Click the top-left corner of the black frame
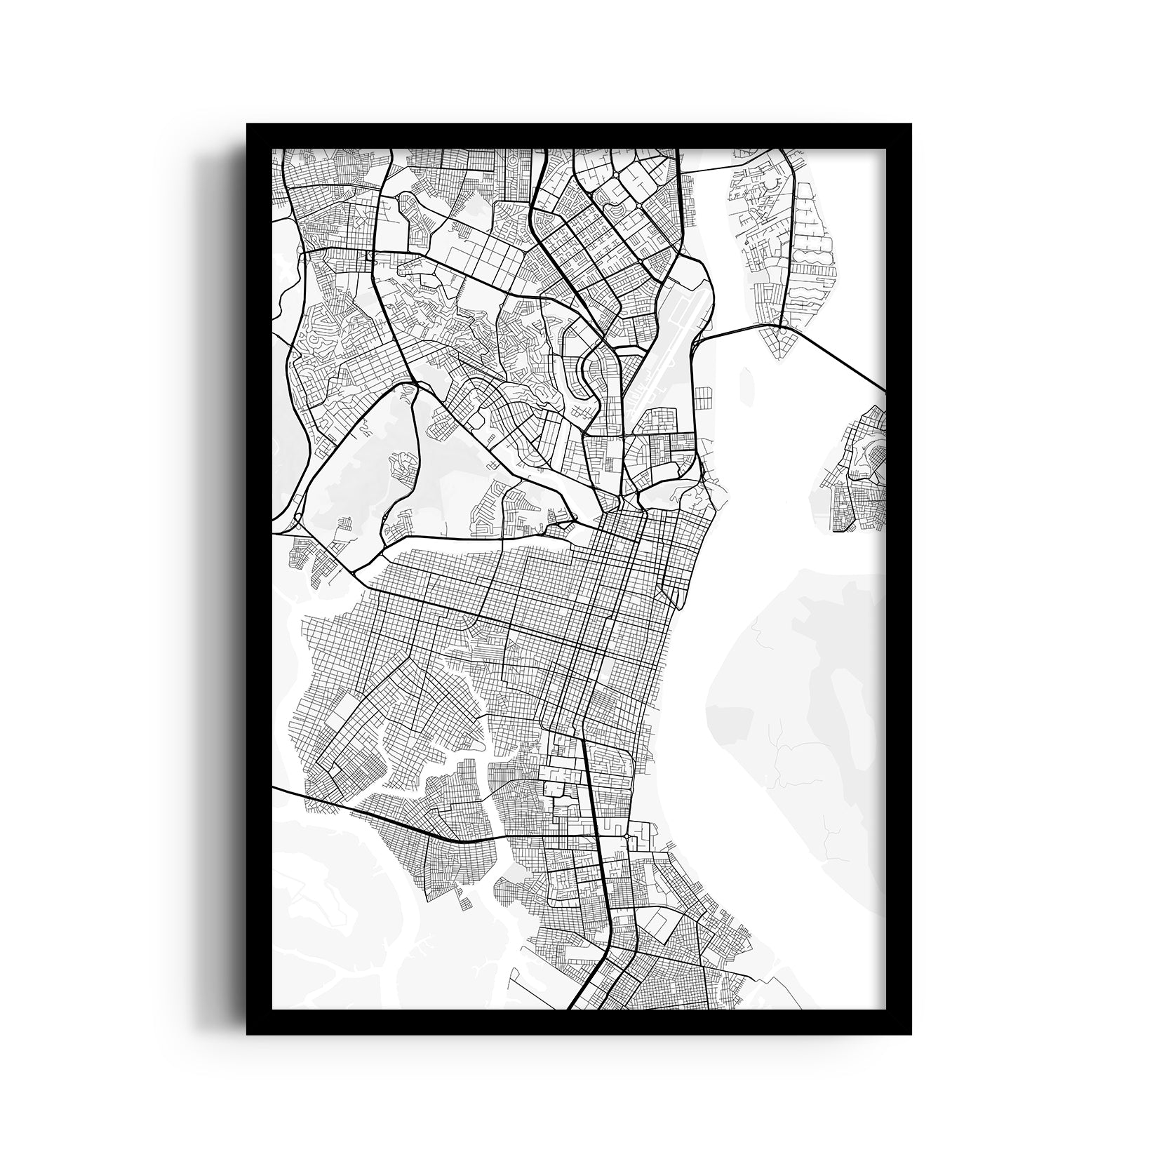coord(247,124)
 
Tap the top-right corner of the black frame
coord(911,124)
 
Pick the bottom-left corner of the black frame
coord(247,1035)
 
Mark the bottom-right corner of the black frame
coord(911,1035)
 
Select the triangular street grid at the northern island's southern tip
coord(780,344)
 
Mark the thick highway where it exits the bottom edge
coord(572,1006)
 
